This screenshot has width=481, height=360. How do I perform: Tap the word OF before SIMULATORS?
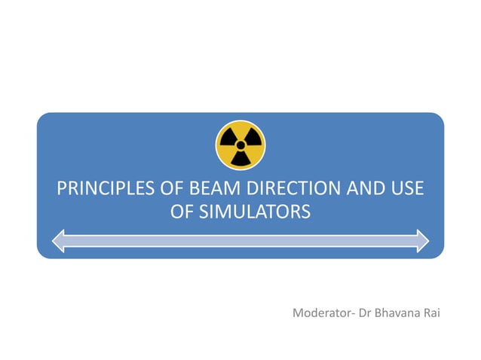(182, 212)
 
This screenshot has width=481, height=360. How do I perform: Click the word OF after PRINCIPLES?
(165, 188)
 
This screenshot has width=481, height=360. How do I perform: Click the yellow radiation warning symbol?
(240, 145)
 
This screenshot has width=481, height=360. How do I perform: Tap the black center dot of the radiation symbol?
(240, 145)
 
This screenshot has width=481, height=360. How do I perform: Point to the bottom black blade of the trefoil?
(240, 158)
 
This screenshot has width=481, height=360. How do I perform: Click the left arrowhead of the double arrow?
(60, 240)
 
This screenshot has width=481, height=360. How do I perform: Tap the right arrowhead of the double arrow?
(421, 240)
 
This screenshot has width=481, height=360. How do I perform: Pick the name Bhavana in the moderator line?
(400, 312)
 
